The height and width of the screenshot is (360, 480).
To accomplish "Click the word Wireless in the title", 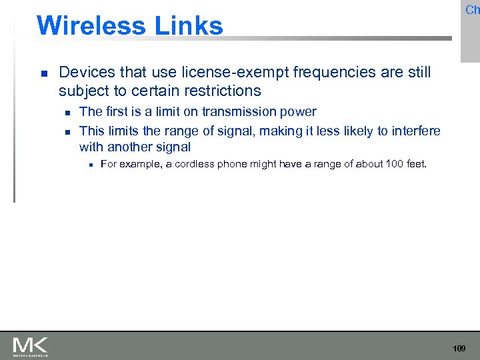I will (91, 26).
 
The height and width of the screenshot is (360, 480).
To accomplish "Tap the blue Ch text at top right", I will (472, 10).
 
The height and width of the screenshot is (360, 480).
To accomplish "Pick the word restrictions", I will (218, 90).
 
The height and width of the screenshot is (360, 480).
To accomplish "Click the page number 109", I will (459, 349).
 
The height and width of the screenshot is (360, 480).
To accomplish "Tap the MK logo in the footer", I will (31, 346).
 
